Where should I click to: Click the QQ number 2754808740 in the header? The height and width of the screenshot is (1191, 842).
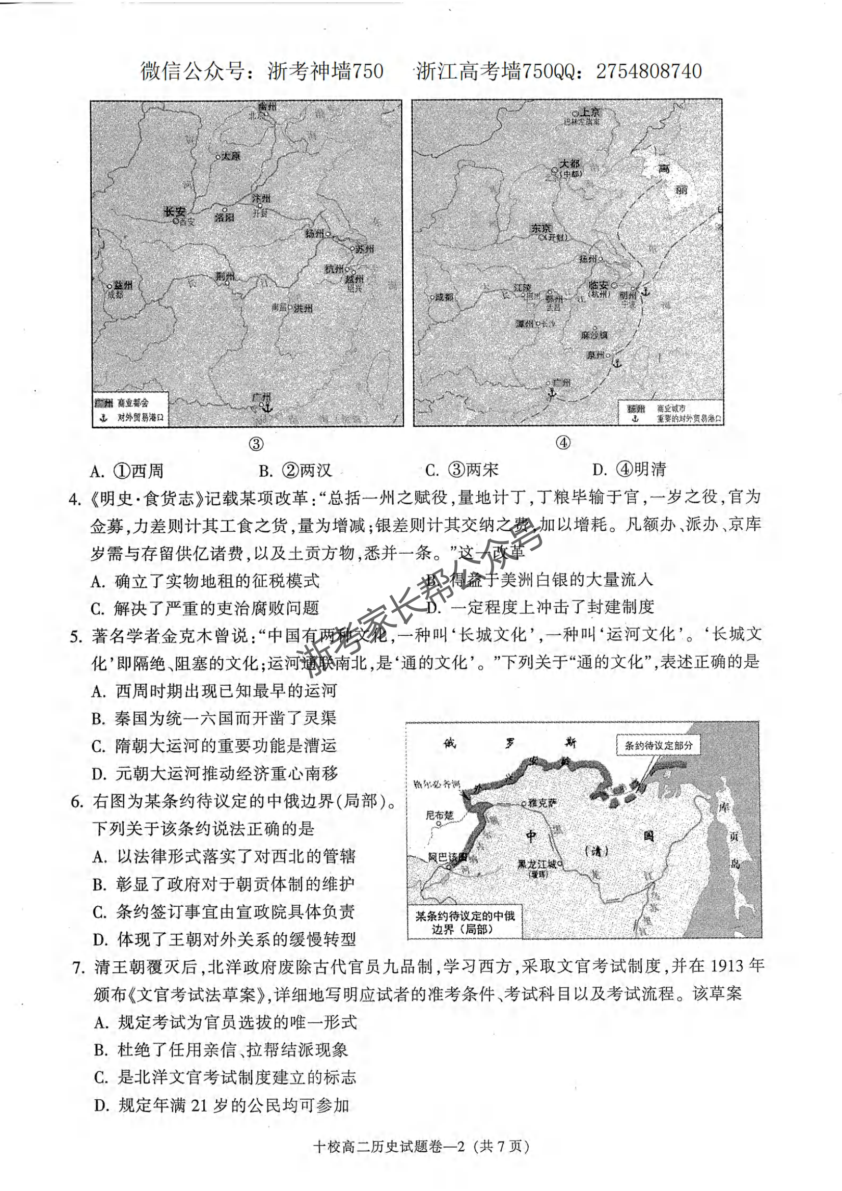coord(649,72)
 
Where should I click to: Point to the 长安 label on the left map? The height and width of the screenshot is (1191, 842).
coord(174,211)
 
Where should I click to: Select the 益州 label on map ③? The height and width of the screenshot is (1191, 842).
coord(123,285)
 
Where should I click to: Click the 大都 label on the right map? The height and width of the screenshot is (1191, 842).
coord(569,165)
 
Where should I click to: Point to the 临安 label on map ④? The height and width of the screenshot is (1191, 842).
coord(597,285)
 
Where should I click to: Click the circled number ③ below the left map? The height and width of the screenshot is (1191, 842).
coord(256,444)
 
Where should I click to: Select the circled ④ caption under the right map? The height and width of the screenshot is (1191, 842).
coord(563,443)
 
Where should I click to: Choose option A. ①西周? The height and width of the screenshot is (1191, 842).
coord(127,471)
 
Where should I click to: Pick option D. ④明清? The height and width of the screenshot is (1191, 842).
coord(629,470)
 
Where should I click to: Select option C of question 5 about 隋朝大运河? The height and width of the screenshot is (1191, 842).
coord(214,746)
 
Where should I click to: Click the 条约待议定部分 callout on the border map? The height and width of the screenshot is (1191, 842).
coord(658,745)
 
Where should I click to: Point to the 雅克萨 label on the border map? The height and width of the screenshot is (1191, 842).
coord(542,803)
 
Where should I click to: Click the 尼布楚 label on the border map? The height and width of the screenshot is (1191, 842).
coord(439,816)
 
